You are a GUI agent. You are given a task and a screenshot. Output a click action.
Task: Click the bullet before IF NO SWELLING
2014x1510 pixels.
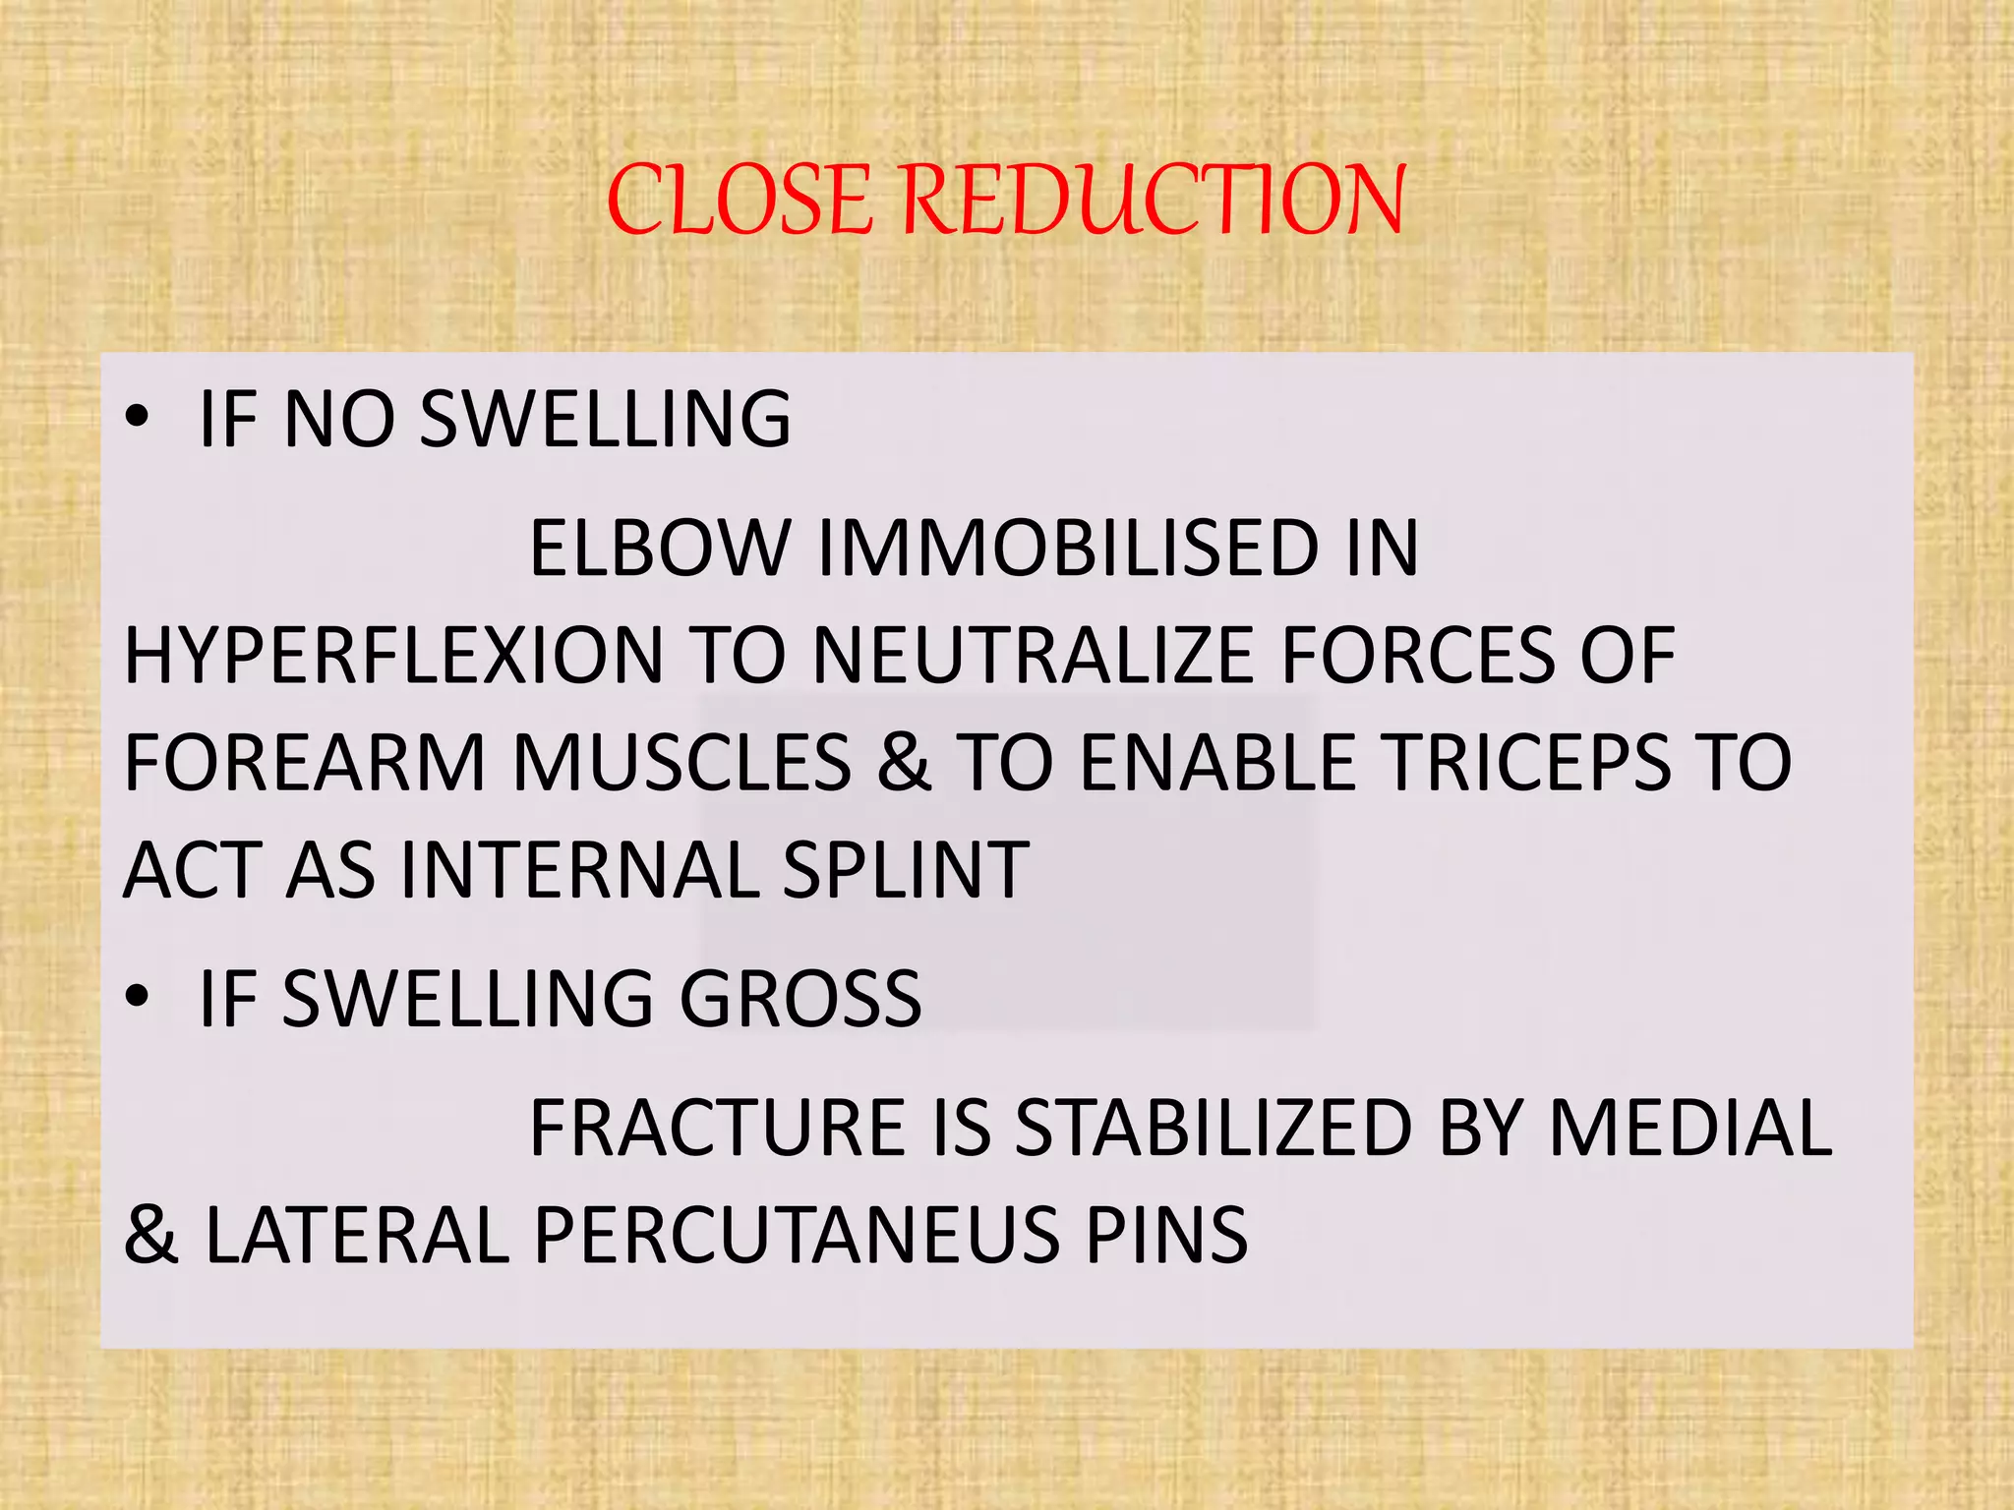click(x=138, y=418)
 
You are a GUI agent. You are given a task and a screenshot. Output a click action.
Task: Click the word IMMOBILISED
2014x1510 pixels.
click(x=1068, y=548)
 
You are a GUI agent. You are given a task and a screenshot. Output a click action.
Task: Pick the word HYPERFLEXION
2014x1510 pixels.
click(x=394, y=656)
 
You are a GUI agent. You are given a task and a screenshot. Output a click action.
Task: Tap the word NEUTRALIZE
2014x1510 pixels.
click(x=1034, y=656)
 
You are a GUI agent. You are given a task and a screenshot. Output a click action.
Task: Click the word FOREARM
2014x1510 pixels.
click(x=306, y=763)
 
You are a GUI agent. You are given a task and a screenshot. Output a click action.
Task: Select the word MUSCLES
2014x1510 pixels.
click(x=682, y=763)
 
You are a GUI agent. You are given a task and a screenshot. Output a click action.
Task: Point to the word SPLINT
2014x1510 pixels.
click(x=906, y=871)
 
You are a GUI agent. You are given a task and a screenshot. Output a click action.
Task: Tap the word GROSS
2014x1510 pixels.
click(x=800, y=999)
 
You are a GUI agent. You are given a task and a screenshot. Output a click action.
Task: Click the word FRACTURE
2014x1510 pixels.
click(x=717, y=1128)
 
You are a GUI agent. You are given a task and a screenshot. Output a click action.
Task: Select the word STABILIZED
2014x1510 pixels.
click(x=1214, y=1128)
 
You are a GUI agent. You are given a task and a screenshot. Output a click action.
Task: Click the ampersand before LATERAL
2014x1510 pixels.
click(x=150, y=1236)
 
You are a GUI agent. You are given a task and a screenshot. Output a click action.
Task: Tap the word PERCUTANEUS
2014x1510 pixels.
click(x=797, y=1236)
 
